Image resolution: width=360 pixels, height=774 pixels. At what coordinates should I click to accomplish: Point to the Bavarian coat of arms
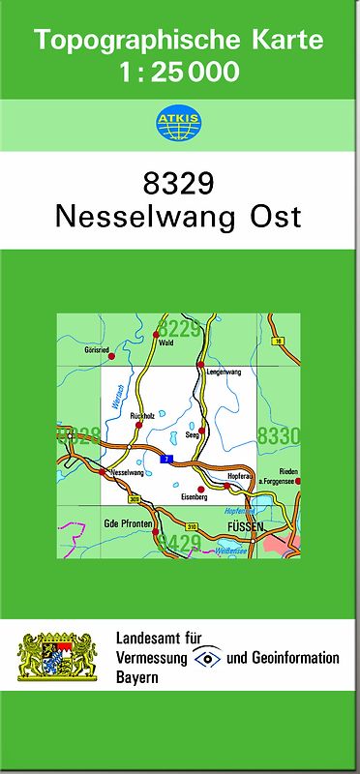(59, 656)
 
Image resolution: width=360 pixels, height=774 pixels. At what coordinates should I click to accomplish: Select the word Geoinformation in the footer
(296, 658)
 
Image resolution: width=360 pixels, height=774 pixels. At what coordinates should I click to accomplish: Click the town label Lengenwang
(219, 372)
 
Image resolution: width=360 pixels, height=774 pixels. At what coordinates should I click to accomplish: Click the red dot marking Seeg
(201, 430)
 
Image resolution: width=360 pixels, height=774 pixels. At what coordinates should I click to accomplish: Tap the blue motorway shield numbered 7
(166, 459)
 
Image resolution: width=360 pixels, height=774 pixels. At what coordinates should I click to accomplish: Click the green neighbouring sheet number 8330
(279, 436)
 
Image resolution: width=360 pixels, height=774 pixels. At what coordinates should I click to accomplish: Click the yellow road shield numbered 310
(192, 526)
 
